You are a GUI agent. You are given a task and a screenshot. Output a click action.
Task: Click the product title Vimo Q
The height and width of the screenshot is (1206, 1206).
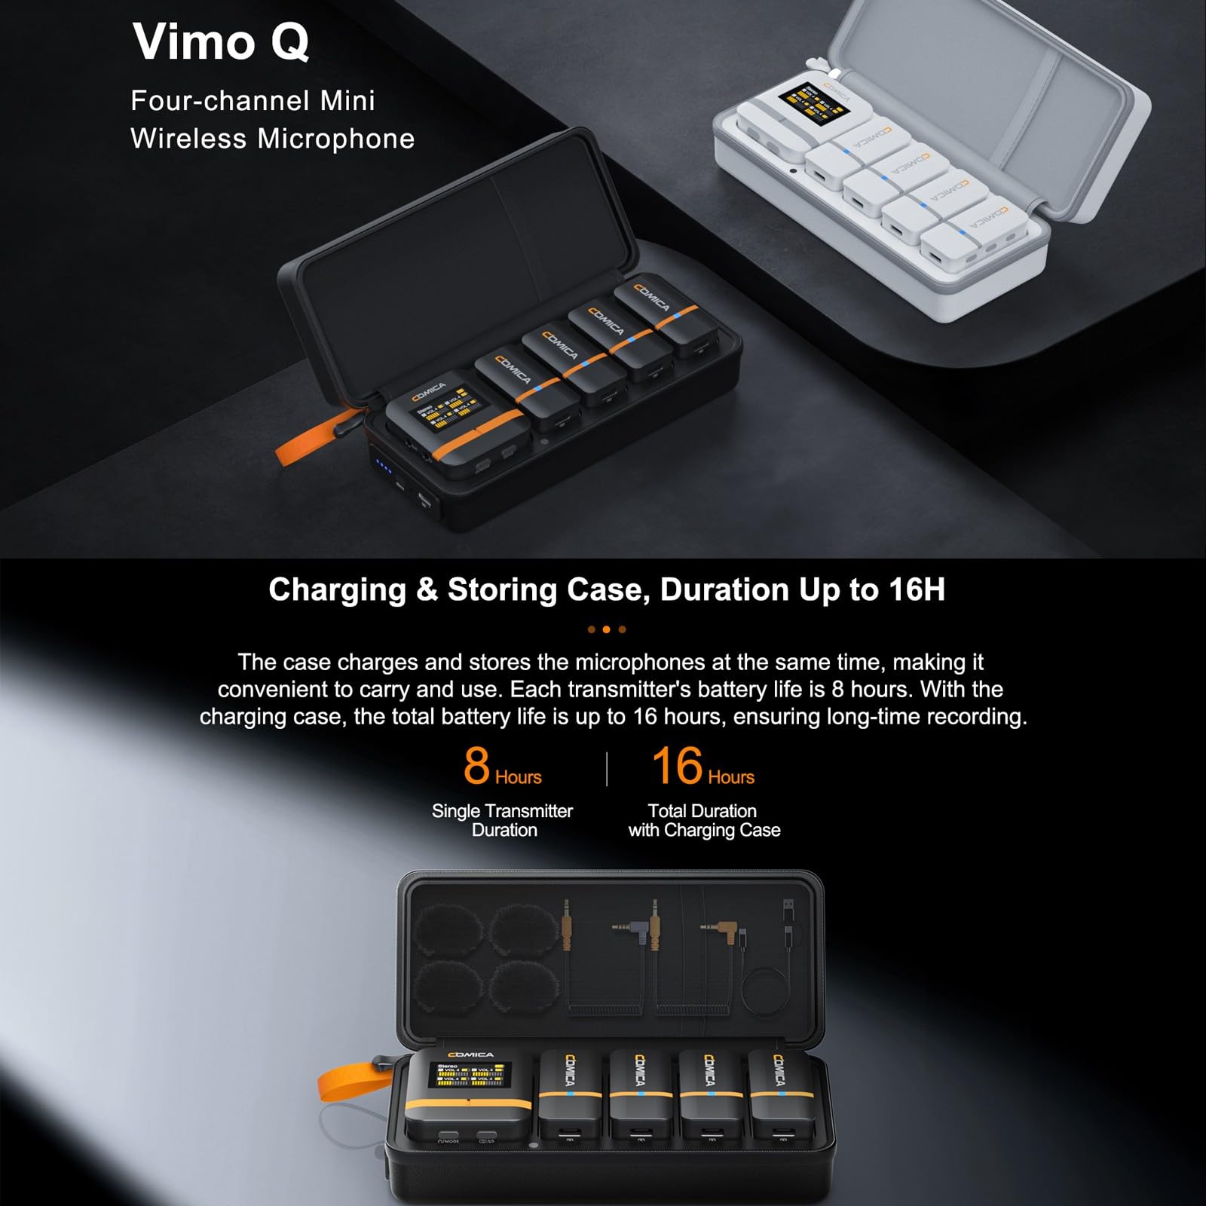[221, 41]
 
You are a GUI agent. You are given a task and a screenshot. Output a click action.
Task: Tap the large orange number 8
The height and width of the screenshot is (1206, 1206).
[476, 765]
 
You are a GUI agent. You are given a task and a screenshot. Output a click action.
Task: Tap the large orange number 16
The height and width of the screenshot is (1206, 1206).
[677, 765]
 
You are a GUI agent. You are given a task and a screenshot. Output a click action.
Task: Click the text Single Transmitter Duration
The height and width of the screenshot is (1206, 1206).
[503, 820]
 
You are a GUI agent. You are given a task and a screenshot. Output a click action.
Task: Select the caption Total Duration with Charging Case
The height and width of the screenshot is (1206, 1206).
[703, 820]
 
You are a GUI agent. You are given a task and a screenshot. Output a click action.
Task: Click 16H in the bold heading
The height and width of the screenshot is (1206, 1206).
[916, 589]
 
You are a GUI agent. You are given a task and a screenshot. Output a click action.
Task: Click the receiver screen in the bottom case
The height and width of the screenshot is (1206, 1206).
[470, 1075]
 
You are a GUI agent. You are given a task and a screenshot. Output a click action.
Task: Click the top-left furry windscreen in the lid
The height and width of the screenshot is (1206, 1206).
[447, 929]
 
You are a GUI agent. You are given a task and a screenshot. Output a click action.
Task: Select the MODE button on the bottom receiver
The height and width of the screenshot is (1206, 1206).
[448, 1135]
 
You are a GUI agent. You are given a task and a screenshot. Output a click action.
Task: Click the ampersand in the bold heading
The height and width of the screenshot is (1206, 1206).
[427, 589]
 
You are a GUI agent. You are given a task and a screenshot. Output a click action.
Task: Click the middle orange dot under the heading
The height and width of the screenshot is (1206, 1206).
[607, 629]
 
